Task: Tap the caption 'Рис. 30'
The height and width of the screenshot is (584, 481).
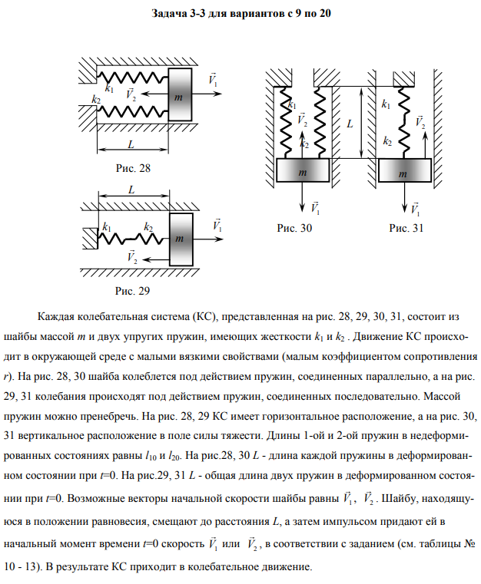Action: pos(296,228)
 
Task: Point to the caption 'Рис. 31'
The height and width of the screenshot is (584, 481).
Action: pos(406,228)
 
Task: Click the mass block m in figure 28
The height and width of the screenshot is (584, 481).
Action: pos(179,95)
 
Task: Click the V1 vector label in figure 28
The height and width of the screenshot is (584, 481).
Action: pos(213,80)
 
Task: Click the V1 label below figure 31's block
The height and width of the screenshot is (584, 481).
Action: pos(416,208)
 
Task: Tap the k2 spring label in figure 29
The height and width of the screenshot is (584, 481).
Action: pos(148,227)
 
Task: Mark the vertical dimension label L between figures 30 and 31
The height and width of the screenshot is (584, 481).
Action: pos(350,122)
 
